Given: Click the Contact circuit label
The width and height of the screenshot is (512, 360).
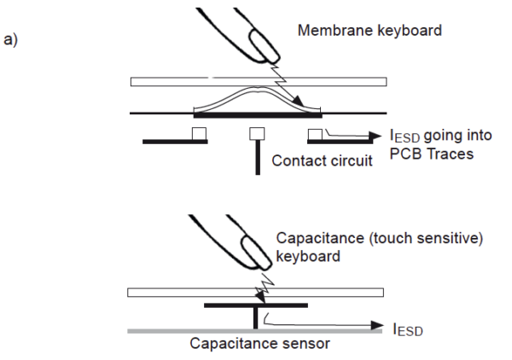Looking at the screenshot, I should pyautogui.click(x=321, y=160).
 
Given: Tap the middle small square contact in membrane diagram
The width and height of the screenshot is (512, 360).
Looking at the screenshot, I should pyautogui.click(x=255, y=133).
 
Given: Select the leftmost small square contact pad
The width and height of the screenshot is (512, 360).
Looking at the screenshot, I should pyautogui.click(x=198, y=133).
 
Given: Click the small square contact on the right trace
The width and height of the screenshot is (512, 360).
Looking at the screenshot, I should pyautogui.click(x=314, y=133).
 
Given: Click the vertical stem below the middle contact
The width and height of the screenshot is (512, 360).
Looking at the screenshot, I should pyautogui.click(x=256, y=158).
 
